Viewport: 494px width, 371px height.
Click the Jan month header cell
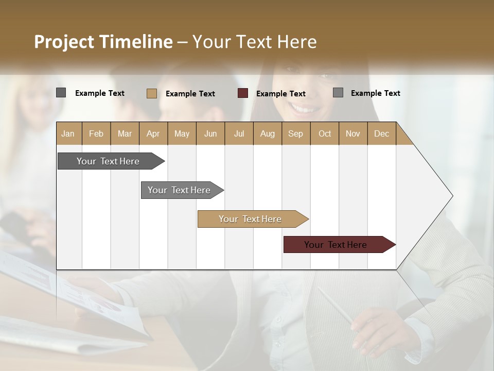tap(68, 133)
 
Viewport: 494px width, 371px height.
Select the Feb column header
tap(96, 133)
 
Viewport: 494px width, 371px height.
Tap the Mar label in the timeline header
tap(125, 133)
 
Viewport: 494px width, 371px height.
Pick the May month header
tap(182, 133)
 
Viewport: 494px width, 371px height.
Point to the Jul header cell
tap(239, 133)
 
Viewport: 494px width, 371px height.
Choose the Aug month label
tap(268, 133)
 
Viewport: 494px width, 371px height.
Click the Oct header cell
tap(325, 133)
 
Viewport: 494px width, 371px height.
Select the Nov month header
tap(353, 133)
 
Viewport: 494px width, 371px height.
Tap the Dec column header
tap(381, 133)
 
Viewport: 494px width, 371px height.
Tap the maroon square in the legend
tap(243, 93)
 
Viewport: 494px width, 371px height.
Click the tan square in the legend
tap(151, 93)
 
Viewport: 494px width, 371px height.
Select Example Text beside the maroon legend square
tap(280, 94)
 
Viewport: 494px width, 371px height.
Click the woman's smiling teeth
tap(304, 109)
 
